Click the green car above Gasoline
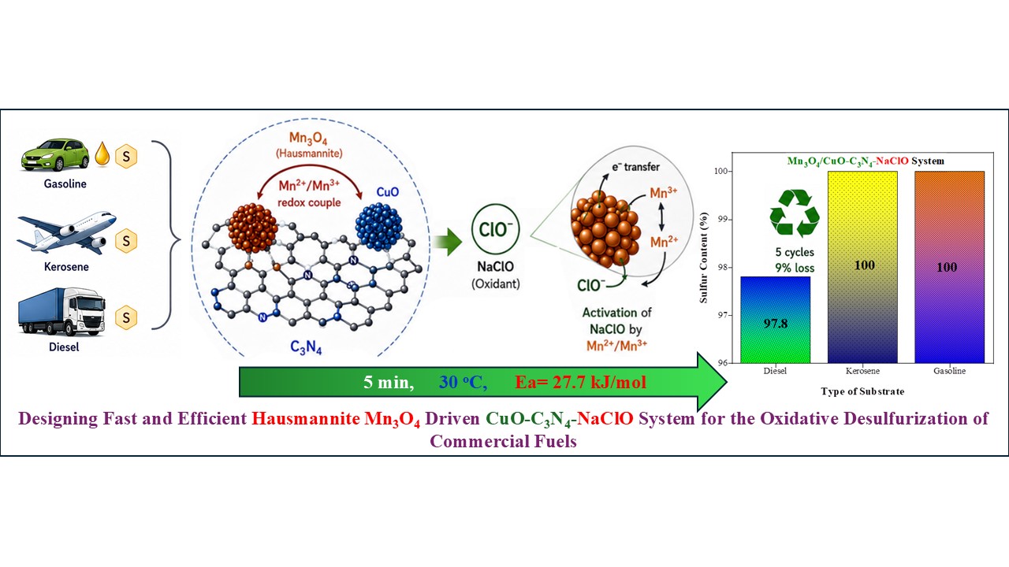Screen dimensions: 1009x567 coord(55,155)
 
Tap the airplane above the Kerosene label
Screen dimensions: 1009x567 coord(67,232)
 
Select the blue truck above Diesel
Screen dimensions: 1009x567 coord(61,312)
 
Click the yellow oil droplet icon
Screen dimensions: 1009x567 coord(102,154)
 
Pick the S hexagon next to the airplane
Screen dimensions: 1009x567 coord(126,241)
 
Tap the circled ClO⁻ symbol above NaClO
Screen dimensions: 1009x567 coord(496,229)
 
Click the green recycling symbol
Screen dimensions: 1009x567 coord(795,213)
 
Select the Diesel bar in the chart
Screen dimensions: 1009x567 coord(775,320)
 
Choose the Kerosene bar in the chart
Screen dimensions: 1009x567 coord(862,267)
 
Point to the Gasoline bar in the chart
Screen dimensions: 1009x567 coord(950,267)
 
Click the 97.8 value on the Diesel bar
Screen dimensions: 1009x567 coord(775,323)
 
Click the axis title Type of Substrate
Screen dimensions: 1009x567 coord(862,391)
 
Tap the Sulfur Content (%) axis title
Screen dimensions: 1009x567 coord(704,258)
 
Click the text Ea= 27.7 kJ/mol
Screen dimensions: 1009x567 coord(581,383)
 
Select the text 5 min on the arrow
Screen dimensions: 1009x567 coord(389,383)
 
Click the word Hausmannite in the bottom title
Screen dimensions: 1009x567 coord(305,419)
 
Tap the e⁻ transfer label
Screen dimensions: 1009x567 coord(635,167)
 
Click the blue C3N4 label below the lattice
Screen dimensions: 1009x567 coord(306,347)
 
